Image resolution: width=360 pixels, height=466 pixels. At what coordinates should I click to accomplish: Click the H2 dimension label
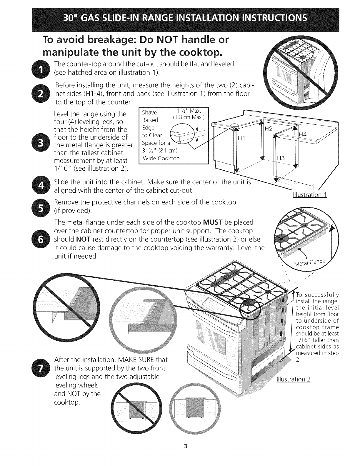pyautogui.click(x=269, y=128)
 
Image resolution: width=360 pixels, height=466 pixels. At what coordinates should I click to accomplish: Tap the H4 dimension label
pyautogui.click(x=303, y=134)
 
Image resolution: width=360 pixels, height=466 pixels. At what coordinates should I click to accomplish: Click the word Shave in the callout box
pyautogui.click(x=149, y=112)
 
